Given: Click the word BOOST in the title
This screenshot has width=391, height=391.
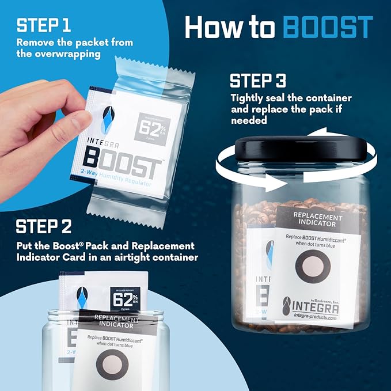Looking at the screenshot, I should coord(329,28).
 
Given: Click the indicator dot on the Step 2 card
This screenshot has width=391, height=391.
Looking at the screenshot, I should coord(107,368).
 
